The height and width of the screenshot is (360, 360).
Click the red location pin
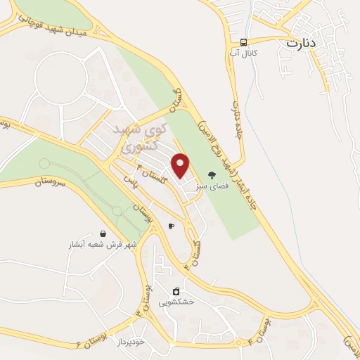click(x=181, y=165)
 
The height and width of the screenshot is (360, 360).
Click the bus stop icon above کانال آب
click(x=243, y=41)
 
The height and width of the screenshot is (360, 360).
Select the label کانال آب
click(x=243, y=53)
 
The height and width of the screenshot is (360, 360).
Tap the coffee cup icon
click(x=171, y=226)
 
